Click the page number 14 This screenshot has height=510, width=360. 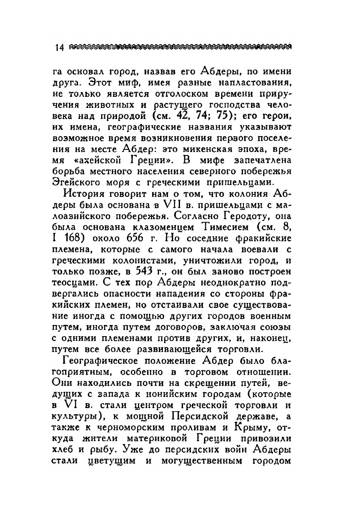57,48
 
